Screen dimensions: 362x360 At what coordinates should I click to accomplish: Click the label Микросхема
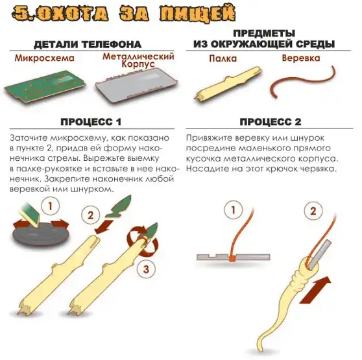(x=45, y=58)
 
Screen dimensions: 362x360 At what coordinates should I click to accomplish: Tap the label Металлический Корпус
(x=138, y=60)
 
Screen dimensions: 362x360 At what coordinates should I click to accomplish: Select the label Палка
(x=223, y=58)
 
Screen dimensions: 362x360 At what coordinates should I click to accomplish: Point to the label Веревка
(x=301, y=58)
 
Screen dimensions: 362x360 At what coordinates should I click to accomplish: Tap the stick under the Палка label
(x=228, y=84)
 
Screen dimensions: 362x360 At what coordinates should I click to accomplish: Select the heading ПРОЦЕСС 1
(x=91, y=122)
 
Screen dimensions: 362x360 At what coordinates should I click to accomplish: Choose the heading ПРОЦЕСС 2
(x=271, y=121)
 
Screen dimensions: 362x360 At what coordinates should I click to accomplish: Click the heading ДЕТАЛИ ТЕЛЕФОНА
(x=88, y=45)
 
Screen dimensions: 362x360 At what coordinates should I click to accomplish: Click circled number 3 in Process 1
(x=146, y=269)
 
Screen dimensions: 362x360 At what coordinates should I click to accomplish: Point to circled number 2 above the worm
(x=313, y=211)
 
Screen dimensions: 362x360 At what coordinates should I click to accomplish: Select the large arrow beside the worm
(x=315, y=290)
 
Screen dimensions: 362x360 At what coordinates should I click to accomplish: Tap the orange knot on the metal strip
(x=232, y=259)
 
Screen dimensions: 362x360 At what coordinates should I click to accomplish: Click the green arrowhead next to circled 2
(x=119, y=207)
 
